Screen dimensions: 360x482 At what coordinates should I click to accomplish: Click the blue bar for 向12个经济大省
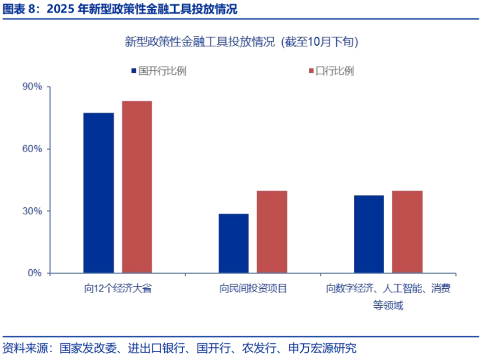(x=98, y=193)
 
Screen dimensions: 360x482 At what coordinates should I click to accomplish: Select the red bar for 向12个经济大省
(x=137, y=187)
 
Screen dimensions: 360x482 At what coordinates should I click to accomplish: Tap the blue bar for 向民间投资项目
(x=233, y=244)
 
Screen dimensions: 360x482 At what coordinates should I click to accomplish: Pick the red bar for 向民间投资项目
(x=272, y=231)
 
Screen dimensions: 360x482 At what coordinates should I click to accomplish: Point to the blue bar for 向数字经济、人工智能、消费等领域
(x=369, y=234)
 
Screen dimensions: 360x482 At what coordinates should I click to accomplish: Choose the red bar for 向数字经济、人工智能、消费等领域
(x=407, y=231)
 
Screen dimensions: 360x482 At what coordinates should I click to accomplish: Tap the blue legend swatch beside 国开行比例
(x=133, y=71)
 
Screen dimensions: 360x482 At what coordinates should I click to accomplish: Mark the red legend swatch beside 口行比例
(x=311, y=71)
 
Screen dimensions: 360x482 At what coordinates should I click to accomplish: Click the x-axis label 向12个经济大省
(x=117, y=288)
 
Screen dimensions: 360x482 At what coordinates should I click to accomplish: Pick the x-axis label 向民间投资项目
(x=253, y=288)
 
